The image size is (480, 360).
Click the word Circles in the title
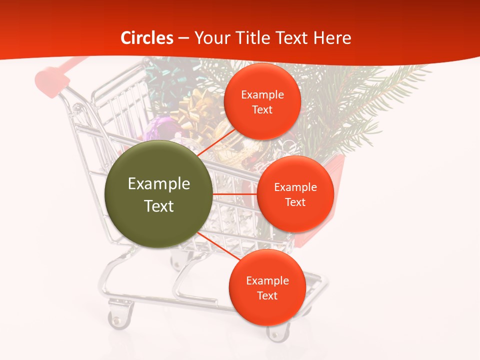(x=147, y=38)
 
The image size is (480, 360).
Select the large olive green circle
(x=159, y=194)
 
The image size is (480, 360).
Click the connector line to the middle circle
(x=235, y=193)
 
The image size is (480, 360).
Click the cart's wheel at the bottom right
(x=277, y=332)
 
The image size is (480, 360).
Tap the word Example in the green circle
(x=159, y=184)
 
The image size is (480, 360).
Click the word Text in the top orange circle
(x=262, y=110)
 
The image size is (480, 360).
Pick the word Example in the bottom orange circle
(x=267, y=281)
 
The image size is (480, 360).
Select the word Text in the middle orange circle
(x=295, y=202)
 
